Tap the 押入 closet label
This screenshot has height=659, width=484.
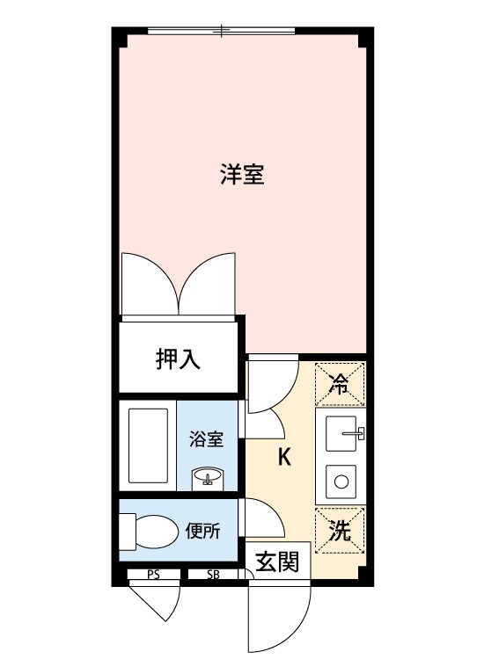(179, 358)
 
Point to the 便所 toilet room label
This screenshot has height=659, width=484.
(202, 531)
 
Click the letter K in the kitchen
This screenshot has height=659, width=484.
(285, 457)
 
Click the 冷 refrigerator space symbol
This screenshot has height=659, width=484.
(339, 382)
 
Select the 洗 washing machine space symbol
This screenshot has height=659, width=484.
(339, 530)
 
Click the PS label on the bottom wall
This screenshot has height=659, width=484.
(153, 576)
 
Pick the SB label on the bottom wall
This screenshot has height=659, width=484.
(213, 576)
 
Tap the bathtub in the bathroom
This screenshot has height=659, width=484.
(147, 445)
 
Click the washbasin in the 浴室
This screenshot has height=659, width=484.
(208, 478)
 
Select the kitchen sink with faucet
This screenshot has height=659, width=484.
(341, 433)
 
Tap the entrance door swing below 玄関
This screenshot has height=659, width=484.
(280, 615)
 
